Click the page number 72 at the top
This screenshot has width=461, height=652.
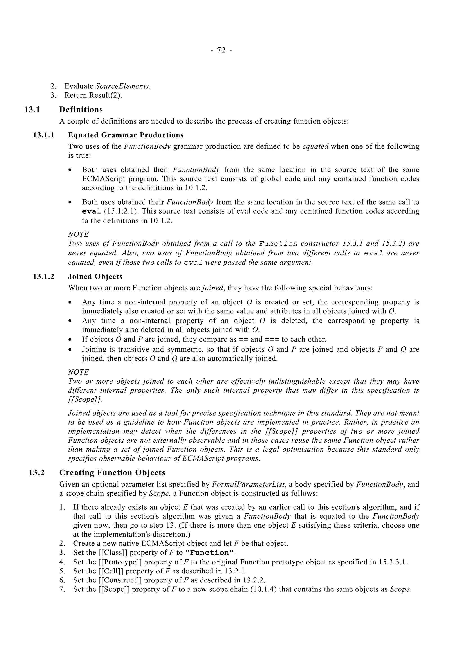click(x=221, y=50)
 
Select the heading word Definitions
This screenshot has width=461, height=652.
click(x=81, y=110)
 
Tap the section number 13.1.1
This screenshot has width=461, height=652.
click(x=43, y=135)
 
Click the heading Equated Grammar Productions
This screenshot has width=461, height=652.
click(x=126, y=135)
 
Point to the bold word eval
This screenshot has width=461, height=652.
click(x=91, y=211)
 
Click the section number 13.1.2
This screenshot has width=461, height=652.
click(x=43, y=277)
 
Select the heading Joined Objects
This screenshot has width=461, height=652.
click(x=95, y=277)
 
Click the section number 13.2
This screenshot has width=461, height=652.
click(x=36, y=473)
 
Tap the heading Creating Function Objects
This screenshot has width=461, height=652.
click(x=112, y=473)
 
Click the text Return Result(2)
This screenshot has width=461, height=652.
click(x=93, y=95)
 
